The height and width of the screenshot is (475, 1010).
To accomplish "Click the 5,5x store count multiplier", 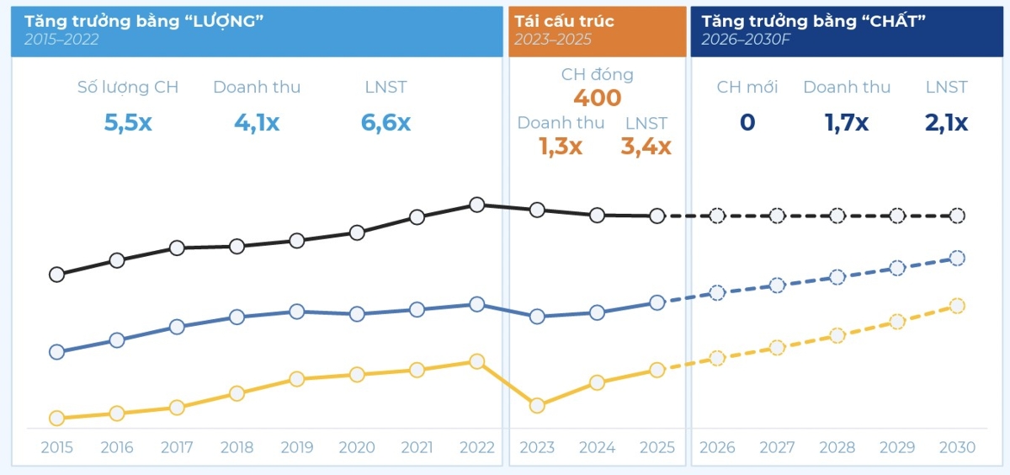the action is [x=128, y=122].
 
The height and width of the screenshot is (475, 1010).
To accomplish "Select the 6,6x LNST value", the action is [x=385, y=122].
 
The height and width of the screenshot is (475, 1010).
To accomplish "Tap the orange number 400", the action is [x=598, y=98].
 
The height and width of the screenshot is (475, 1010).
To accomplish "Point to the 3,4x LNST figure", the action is [x=646, y=147].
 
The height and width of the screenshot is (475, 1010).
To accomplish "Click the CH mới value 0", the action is [x=747, y=122].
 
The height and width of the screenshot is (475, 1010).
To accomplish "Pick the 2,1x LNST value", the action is [x=946, y=122].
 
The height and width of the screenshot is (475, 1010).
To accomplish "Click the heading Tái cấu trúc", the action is [x=564, y=21].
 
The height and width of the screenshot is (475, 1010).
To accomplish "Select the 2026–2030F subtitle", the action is [x=746, y=40].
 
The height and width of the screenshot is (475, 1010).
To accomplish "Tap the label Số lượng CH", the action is [x=128, y=87].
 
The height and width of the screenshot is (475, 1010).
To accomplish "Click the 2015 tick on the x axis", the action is [x=57, y=447].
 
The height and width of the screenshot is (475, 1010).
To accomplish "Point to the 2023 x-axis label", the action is [x=537, y=447].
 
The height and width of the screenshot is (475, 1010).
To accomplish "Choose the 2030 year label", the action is [x=957, y=447].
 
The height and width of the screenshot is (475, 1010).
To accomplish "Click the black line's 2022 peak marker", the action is [x=477, y=205].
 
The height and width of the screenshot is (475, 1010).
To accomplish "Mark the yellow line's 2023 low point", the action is [x=537, y=406].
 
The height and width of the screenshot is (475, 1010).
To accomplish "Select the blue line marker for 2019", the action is [x=296, y=312].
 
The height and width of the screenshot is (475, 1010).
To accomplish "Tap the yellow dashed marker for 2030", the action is [x=957, y=306].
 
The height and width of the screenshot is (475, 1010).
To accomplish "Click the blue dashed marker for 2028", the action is [x=837, y=277].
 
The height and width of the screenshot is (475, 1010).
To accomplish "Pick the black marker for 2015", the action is [x=57, y=275].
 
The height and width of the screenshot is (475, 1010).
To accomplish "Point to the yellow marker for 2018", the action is [x=237, y=393].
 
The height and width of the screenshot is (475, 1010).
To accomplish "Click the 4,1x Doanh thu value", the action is [x=257, y=122].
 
